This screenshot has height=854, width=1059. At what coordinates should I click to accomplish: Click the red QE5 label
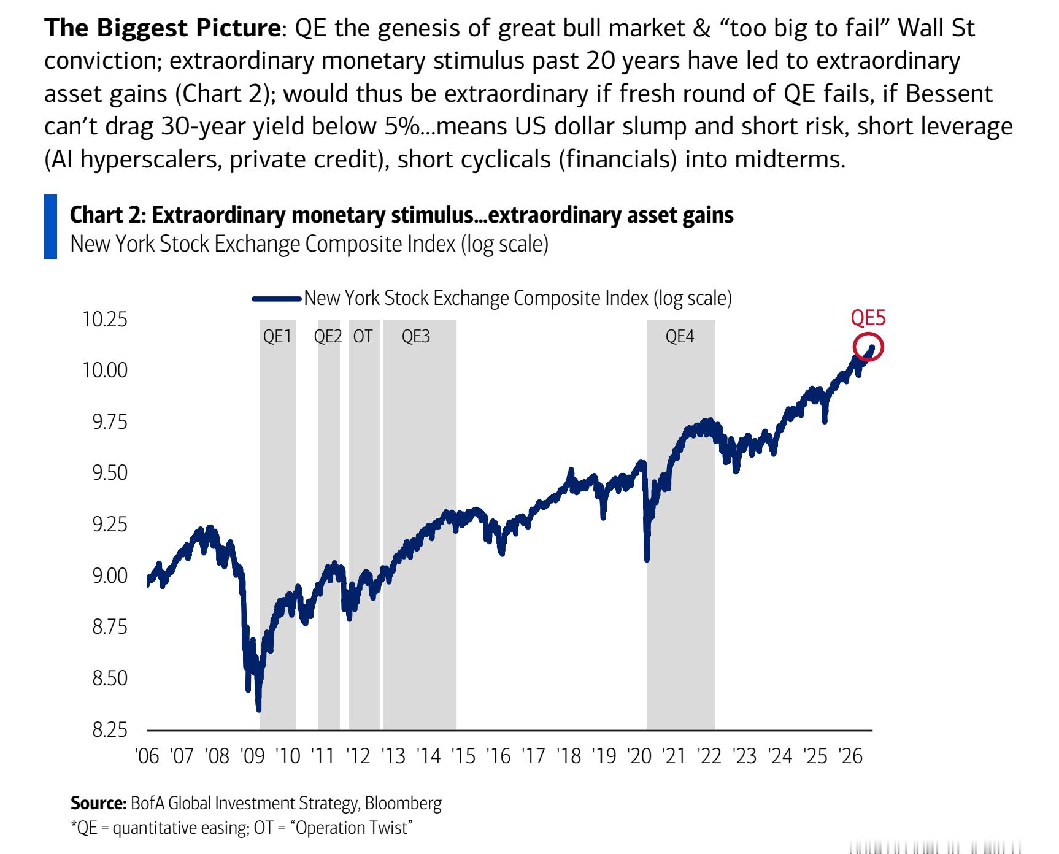[868, 318]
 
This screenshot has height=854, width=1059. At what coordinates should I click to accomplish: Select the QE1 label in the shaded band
[277, 336]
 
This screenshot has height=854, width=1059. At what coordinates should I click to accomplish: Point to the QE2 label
[328, 336]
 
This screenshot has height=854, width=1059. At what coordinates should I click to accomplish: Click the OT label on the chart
[363, 336]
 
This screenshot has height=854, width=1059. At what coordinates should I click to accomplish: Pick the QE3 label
[416, 336]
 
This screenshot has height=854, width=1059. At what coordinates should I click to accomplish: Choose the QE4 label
[680, 336]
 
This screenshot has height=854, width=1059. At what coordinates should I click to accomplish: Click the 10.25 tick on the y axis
[105, 319]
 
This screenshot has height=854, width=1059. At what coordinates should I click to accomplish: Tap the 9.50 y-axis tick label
[110, 473]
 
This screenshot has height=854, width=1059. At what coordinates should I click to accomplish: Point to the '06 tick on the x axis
[147, 756]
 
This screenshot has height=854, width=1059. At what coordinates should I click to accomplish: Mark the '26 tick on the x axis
[850, 756]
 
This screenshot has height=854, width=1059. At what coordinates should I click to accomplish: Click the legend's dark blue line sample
[277, 299]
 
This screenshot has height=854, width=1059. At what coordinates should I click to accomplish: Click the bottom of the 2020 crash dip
[647, 558]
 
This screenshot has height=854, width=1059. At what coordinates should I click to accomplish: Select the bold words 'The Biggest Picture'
[162, 28]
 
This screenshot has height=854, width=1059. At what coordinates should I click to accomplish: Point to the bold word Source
[99, 803]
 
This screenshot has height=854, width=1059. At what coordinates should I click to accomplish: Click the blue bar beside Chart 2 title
[50, 226]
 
